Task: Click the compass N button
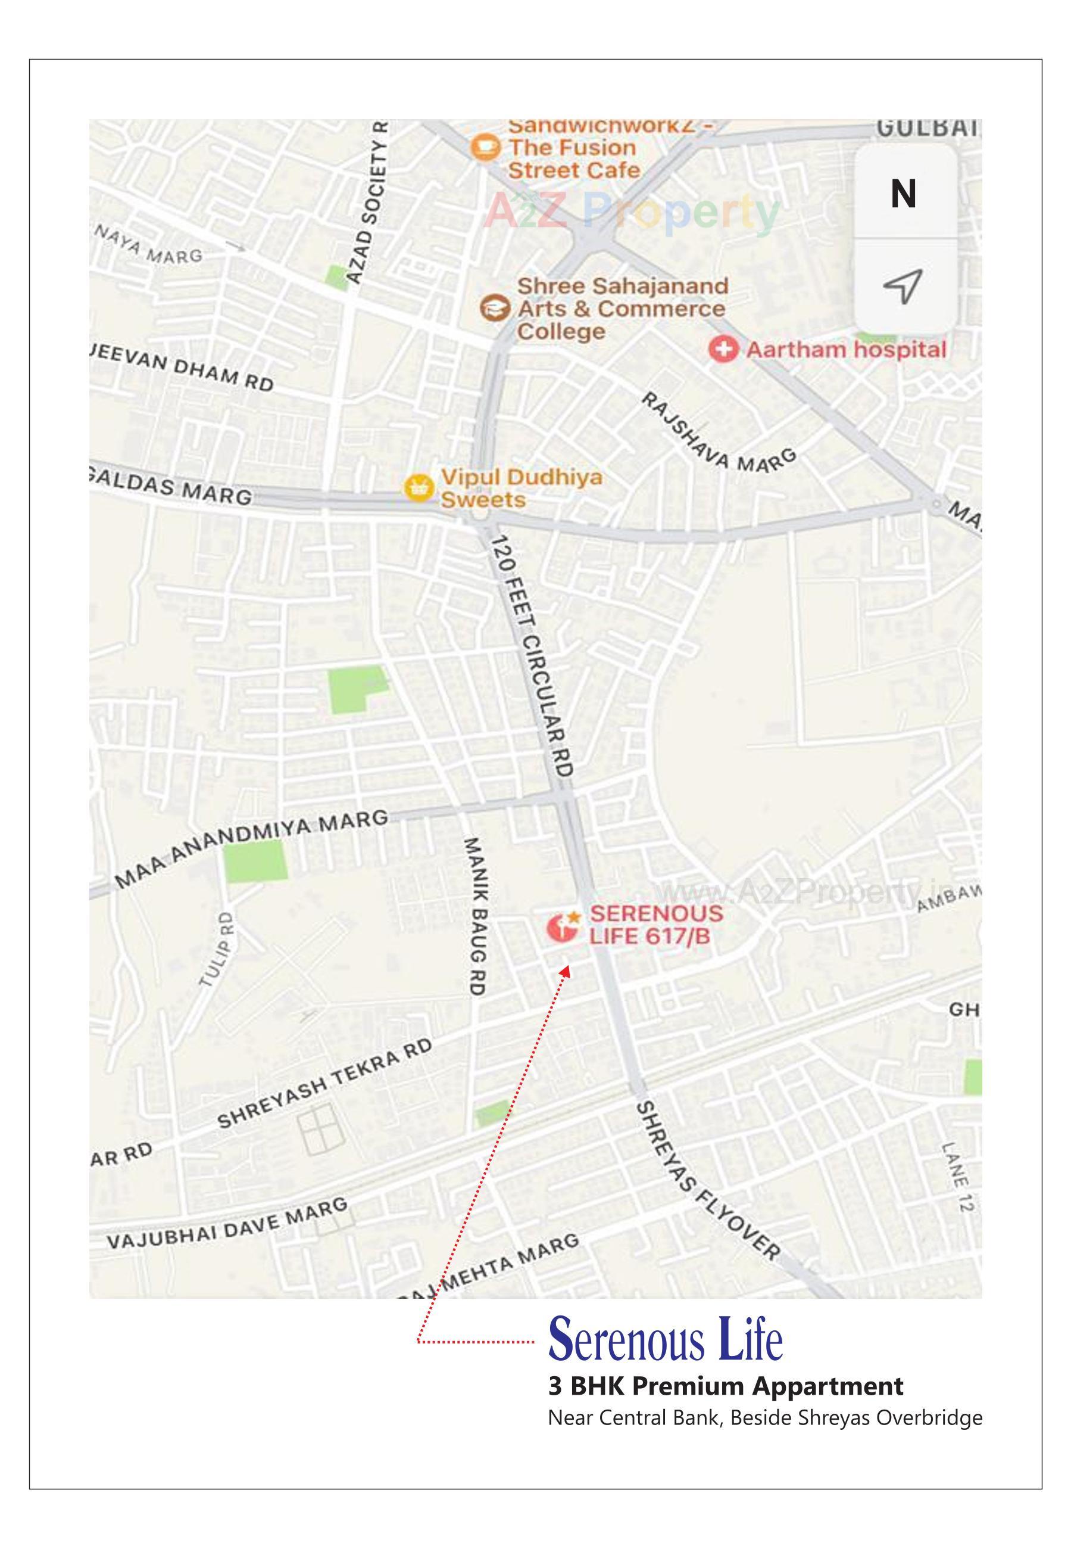903,194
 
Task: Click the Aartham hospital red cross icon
723,349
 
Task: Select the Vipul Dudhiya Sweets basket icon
419,487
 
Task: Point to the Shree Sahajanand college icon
495,308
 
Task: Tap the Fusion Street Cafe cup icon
485,147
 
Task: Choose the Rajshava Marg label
718,432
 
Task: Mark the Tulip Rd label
217,948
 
